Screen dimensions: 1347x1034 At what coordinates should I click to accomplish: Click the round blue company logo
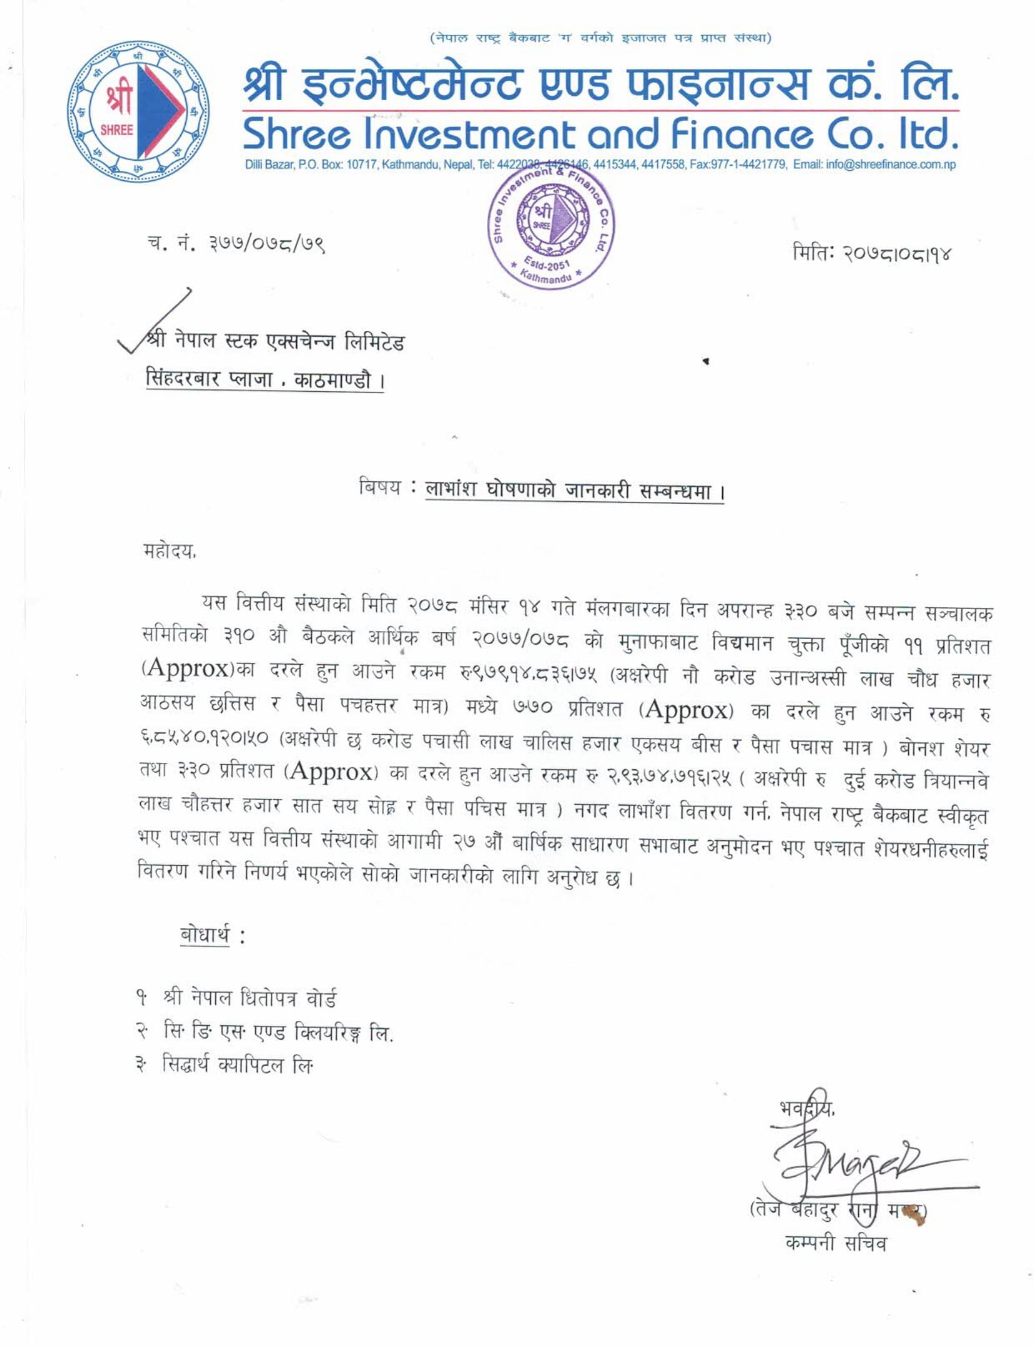(138, 112)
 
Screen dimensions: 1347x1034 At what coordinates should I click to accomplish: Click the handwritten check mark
(156, 320)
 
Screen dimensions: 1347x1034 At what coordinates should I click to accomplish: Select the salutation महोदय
(170, 551)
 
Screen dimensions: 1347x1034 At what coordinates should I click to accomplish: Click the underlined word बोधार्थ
(205, 935)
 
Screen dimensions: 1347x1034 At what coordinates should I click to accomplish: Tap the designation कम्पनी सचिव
(836, 1242)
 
